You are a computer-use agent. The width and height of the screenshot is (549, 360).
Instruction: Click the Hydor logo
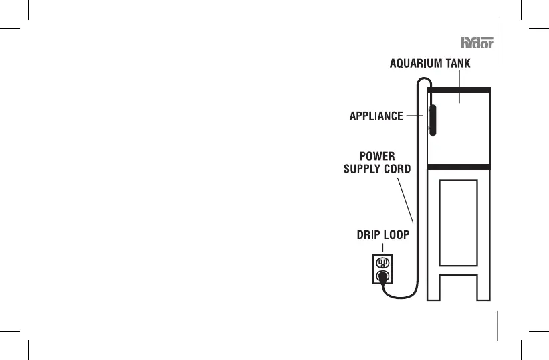(x=477, y=42)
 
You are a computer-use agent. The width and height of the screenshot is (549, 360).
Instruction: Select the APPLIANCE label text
(x=376, y=116)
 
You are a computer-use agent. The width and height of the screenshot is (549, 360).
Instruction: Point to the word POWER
(x=377, y=156)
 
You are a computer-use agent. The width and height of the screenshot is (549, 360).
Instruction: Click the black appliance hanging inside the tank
(x=433, y=120)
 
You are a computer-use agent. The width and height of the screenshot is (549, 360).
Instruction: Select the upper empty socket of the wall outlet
(x=382, y=263)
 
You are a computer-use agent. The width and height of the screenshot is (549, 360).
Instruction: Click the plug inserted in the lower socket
(x=382, y=278)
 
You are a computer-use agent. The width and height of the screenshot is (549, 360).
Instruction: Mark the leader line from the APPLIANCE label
(x=415, y=116)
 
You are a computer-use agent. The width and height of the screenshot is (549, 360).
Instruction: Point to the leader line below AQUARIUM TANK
(x=459, y=87)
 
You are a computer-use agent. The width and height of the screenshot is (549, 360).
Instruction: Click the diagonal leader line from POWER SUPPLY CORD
(x=405, y=200)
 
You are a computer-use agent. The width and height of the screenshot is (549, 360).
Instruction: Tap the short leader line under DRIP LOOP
(x=382, y=248)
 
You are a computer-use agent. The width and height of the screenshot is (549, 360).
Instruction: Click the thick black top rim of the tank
(x=459, y=90)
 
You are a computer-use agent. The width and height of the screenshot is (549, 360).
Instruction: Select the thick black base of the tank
(x=459, y=167)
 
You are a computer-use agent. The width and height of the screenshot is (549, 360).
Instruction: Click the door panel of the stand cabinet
(x=458, y=223)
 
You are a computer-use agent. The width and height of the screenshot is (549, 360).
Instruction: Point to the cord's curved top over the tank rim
(x=425, y=78)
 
